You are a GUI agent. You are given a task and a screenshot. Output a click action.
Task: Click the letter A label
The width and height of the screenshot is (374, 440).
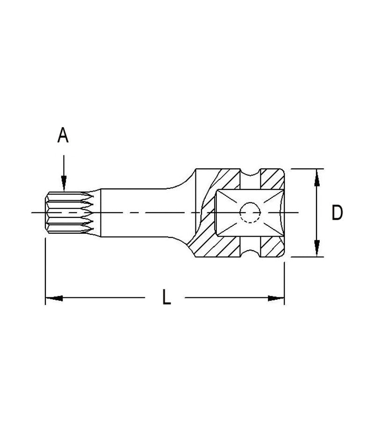tap(63, 136)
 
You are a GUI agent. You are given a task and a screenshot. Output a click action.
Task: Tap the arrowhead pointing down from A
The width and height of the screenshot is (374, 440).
tap(64, 185)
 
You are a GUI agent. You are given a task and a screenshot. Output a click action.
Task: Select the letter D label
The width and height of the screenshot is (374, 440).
tap(337, 213)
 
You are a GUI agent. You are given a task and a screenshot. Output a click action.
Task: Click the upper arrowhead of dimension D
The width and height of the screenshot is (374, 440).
tap(317, 175)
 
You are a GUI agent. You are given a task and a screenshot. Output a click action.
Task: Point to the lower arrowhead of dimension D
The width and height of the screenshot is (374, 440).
tap(317, 250)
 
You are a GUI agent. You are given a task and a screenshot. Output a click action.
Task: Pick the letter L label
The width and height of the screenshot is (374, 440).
tap(166, 297)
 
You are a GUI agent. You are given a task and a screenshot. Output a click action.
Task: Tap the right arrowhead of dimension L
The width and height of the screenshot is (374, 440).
tap(277, 297)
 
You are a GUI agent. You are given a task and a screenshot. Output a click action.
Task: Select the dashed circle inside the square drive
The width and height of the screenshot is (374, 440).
tap(250, 213)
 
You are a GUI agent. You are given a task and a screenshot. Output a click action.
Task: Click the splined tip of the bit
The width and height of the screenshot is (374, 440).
tap(70, 213)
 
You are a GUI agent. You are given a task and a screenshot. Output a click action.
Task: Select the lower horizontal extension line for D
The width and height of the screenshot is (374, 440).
tap(306, 257)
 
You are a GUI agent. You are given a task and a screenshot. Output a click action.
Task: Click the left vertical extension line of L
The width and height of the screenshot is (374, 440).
tap(45, 271)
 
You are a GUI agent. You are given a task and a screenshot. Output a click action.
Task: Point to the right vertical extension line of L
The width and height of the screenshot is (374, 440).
tap(284, 281)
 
